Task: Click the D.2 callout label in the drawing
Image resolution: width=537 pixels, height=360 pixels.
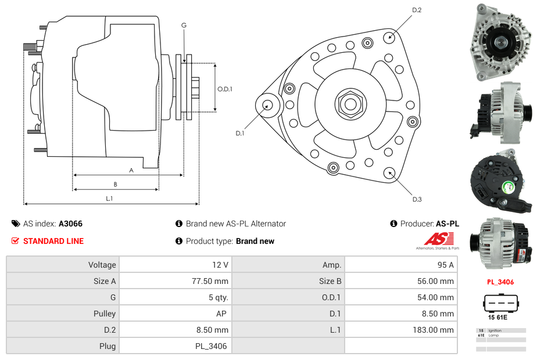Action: [417, 10]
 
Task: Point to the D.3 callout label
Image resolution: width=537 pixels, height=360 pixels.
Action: [417, 199]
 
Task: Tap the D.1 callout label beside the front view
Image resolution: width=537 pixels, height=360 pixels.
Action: [240, 133]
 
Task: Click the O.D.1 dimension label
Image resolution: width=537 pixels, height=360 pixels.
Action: [225, 89]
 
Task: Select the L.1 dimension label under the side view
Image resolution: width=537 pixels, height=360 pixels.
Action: [109, 199]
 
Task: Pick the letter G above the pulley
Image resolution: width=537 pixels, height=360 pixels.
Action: [184, 25]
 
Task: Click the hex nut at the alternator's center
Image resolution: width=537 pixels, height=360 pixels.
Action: [350, 105]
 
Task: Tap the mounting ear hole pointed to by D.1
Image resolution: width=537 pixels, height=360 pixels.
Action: [268, 105]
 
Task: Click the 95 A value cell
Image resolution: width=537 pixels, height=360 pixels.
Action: [445, 265]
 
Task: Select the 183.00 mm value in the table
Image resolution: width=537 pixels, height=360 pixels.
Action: [437, 330]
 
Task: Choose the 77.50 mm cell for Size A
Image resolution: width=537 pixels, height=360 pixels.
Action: [212, 281]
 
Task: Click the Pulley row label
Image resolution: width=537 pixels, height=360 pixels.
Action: [105, 314]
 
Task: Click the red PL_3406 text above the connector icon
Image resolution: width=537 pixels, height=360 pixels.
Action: [500, 282]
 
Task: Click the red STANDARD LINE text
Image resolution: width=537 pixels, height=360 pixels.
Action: [53, 241]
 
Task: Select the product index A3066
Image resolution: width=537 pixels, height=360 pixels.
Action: [71, 224]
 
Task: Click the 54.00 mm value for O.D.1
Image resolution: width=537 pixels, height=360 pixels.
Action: [438, 297]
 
